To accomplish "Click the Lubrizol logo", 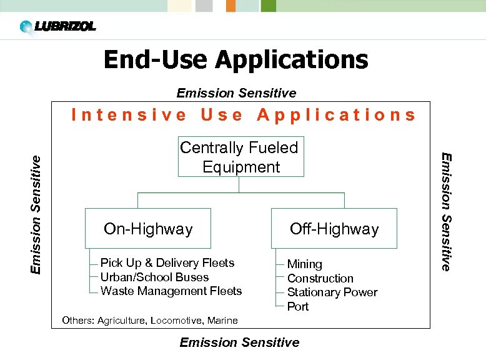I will [x=57, y=27].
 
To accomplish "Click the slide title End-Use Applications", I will [x=236, y=60].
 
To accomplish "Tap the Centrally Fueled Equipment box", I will [x=241, y=157].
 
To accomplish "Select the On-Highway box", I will [x=148, y=229].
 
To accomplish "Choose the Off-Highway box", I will [x=334, y=229].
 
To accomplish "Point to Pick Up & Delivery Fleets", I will [x=167, y=262].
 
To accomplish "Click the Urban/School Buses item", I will [x=154, y=277].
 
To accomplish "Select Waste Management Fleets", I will [x=171, y=291].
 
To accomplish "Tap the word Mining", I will [x=304, y=264].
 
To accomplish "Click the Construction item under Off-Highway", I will [x=320, y=278].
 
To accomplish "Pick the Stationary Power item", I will [x=332, y=292].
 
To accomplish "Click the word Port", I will [x=298, y=306].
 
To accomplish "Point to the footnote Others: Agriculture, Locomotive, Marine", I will [x=150, y=321].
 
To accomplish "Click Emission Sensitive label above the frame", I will [x=236, y=93].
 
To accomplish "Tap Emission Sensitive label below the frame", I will [x=239, y=342].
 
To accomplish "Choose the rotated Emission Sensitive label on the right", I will [x=445, y=212].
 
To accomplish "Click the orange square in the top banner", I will [x=231, y=6].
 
